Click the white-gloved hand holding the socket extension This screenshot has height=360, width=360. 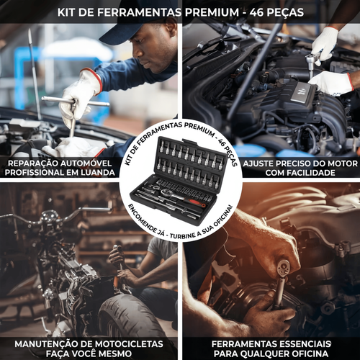[x=324, y=42]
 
